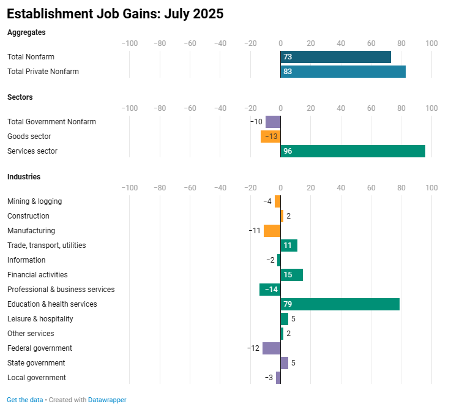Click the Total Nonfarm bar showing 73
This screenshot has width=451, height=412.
pos(335,57)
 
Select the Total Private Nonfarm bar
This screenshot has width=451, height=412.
pos(343,72)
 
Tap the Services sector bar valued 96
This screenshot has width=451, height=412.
pos(352,151)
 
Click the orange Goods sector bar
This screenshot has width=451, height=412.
pos(270,137)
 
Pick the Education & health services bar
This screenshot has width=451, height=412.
pos(340,304)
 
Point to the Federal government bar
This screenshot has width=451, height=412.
pos(271,348)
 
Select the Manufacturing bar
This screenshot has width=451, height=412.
pos(272,231)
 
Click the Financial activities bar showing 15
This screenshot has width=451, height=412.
pos(291,275)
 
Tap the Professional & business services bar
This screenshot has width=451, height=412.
pos(270,290)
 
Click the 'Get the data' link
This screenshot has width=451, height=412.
pos(25,400)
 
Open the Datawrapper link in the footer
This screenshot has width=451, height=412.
pos(107,400)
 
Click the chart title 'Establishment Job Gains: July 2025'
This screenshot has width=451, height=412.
pos(115,13)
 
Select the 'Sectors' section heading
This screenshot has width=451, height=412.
pos(20,97)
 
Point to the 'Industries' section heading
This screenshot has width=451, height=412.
pos(24,177)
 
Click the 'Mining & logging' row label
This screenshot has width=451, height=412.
pos(34,201)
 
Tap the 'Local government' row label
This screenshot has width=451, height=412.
pos(37,378)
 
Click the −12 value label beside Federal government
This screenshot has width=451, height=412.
pos(253,348)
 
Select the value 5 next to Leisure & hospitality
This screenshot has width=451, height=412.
pos(293,319)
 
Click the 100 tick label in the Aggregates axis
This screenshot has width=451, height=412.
pos(431,43)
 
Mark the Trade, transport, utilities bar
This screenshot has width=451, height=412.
pos(289,245)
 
